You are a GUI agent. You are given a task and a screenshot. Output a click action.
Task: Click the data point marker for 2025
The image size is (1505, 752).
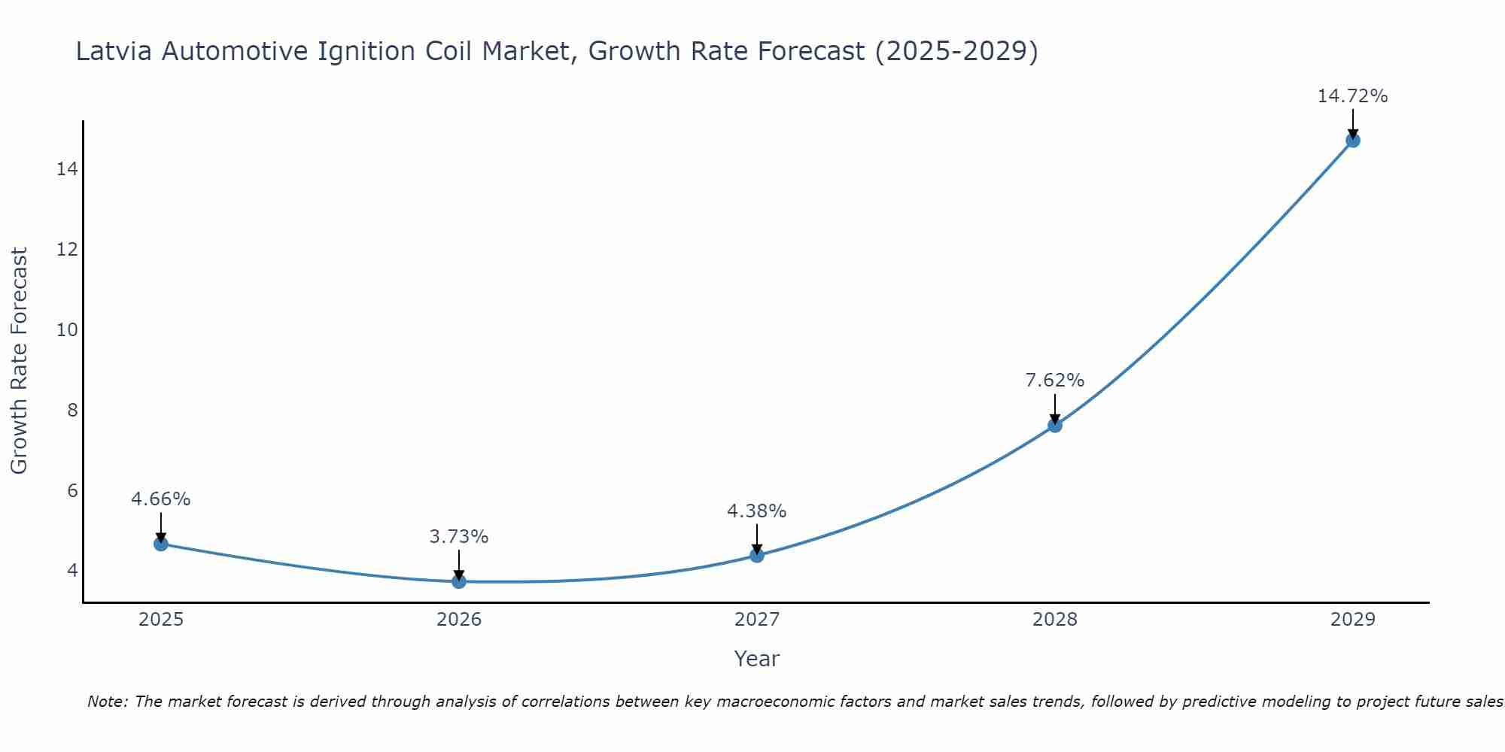(161, 544)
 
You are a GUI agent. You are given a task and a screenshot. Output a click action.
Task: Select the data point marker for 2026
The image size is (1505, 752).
(459, 581)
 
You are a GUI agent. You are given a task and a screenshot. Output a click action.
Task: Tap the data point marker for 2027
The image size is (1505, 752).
(757, 555)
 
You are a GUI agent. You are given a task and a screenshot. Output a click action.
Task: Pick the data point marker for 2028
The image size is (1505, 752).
(1055, 425)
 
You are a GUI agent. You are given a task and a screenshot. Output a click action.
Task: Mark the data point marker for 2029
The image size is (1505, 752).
(1353, 140)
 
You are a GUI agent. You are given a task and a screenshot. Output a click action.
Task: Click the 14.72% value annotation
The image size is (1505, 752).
(1352, 96)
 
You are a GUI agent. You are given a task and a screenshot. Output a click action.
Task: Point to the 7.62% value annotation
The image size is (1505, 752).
(1055, 381)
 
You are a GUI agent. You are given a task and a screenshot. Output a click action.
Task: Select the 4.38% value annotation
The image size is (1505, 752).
(756, 511)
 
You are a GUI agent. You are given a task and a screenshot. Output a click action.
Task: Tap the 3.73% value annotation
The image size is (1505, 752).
(459, 537)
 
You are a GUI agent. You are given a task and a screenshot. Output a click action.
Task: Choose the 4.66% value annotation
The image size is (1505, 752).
(161, 499)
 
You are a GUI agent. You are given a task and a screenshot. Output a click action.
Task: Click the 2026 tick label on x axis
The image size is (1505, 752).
(459, 620)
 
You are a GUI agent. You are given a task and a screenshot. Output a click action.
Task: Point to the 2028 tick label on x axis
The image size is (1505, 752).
(1055, 620)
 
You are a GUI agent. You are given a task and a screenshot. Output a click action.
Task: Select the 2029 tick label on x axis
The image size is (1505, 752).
(1353, 620)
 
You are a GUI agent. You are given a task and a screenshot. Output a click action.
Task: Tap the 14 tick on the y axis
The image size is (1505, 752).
(68, 168)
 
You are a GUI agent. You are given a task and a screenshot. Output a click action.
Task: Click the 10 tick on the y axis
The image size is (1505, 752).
(68, 329)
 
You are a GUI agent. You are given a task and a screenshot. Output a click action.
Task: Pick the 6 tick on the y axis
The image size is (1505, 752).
(72, 490)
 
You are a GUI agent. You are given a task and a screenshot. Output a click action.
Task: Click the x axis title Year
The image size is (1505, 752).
(756, 659)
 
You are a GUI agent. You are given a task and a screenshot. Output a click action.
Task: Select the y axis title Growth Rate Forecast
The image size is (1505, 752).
(20, 361)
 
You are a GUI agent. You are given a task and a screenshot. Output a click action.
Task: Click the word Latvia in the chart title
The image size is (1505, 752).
(114, 51)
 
